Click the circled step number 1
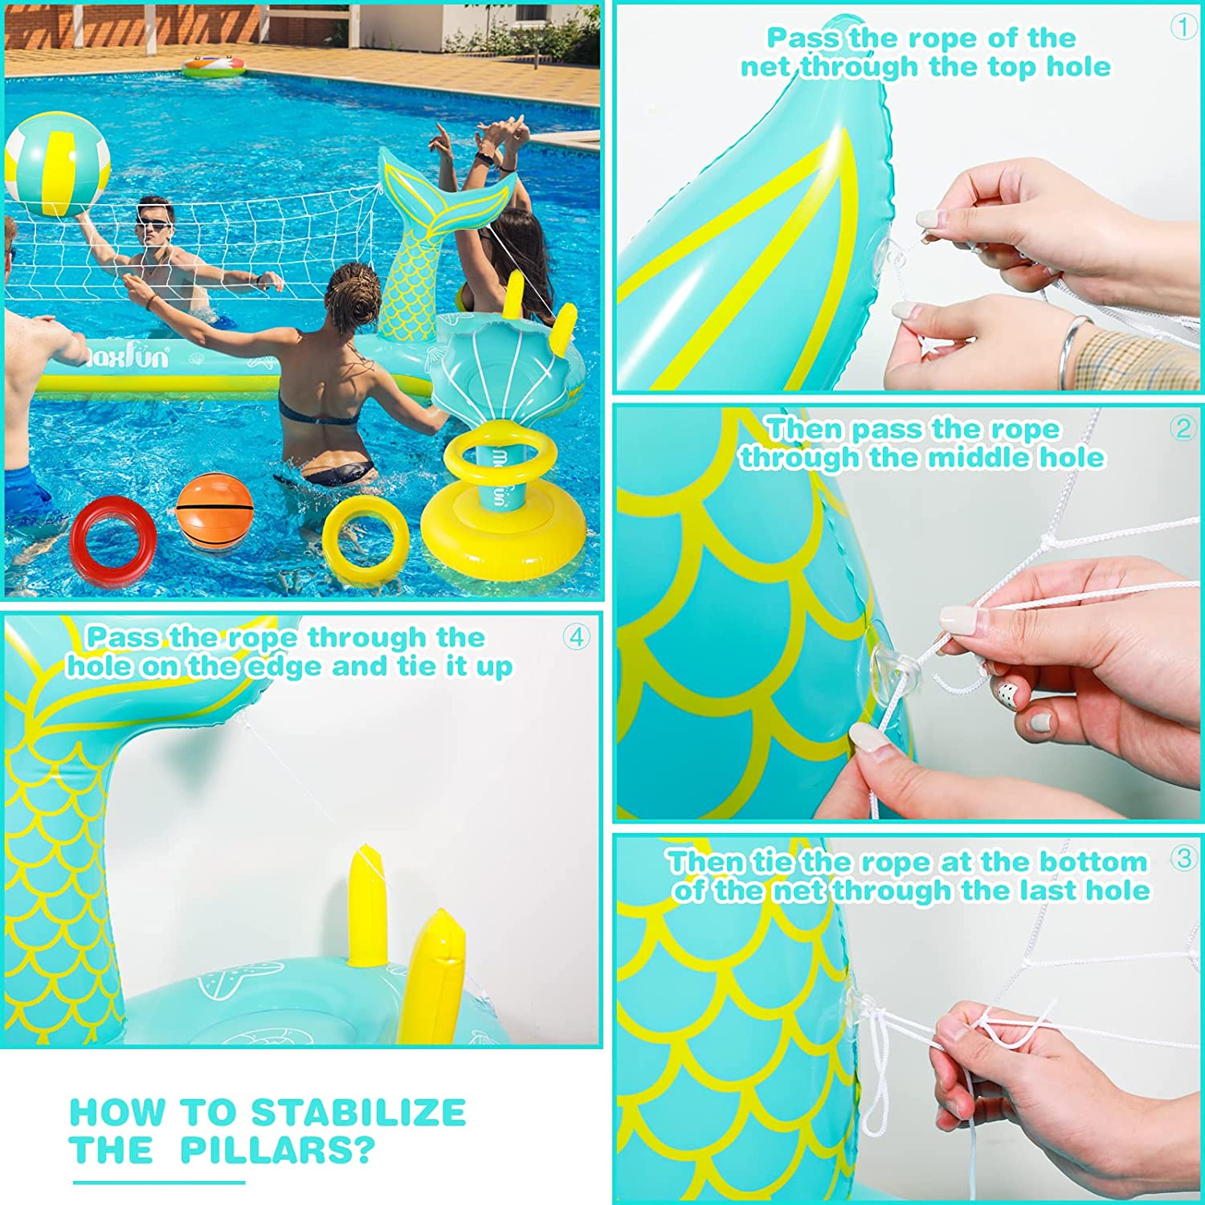pos(1183,27)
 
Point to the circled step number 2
pos(1183,428)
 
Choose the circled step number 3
pos(1183,858)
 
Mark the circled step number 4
pos(576,637)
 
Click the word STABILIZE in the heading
pos(358,1113)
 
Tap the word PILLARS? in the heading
pos(277,1150)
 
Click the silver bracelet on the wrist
pos(1071,350)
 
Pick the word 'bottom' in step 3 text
pos(1093,861)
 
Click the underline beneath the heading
pos(158,1182)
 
